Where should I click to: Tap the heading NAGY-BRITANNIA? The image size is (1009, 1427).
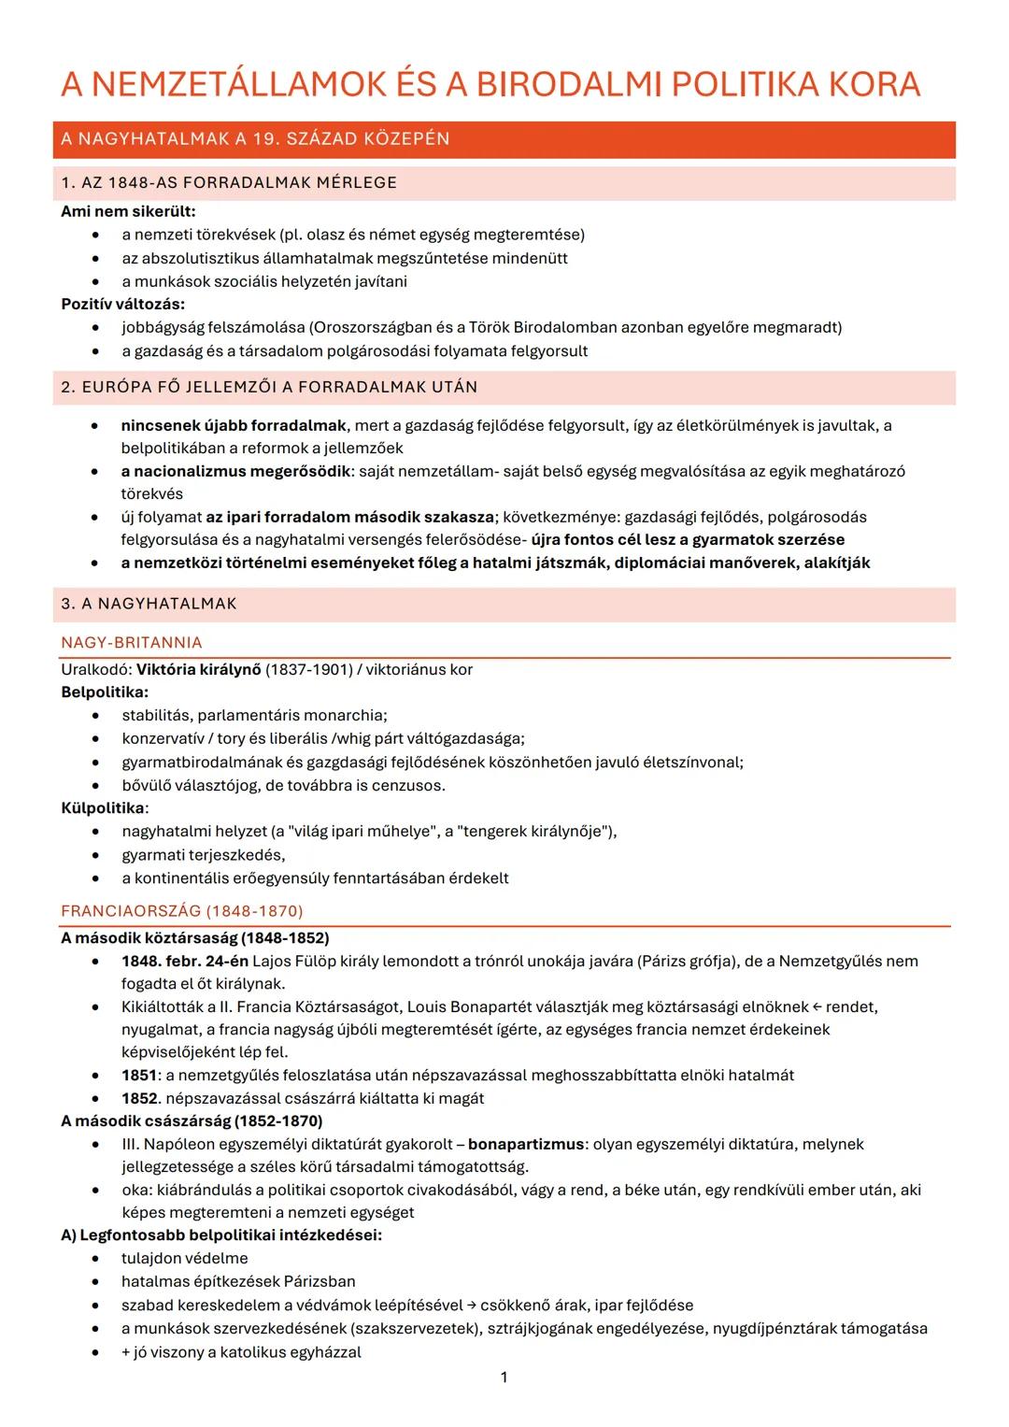point(132,643)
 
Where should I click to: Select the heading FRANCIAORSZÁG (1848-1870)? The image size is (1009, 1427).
point(182,911)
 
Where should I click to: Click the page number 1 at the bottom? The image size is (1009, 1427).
point(504,1377)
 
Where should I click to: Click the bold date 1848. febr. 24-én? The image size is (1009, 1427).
point(185,961)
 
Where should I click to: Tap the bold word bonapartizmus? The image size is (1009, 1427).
point(526,1144)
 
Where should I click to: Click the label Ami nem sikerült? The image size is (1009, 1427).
point(128,211)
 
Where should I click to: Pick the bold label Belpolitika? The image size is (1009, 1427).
point(105,692)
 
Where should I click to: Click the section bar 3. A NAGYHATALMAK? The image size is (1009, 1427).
point(149,604)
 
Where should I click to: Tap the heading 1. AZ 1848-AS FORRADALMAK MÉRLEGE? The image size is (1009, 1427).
point(229,183)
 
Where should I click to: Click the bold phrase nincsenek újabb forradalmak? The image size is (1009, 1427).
point(234,425)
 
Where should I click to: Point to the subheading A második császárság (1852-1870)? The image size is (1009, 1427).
point(192,1120)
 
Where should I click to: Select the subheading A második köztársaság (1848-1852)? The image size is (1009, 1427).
point(195,937)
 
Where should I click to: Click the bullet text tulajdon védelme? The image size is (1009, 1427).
point(185,1258)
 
